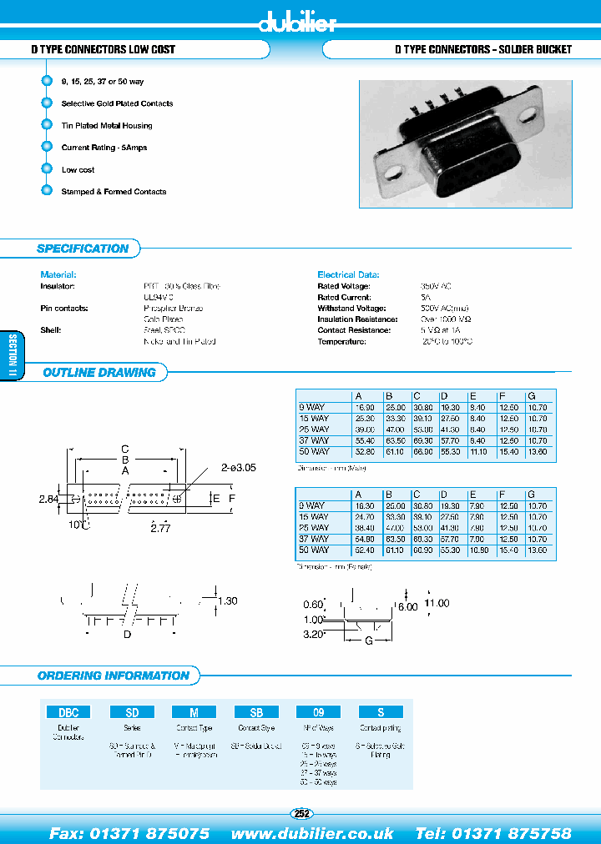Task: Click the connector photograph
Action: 466,143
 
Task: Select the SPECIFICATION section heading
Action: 83,249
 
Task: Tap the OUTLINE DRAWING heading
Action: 99,373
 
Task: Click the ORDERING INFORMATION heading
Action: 114,676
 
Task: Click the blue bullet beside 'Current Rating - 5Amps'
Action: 47,148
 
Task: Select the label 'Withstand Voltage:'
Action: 344,309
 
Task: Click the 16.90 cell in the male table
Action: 366,407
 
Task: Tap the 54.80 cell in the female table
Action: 366,540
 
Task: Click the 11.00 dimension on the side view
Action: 437,603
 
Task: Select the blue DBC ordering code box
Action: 68,712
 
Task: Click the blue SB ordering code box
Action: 256,712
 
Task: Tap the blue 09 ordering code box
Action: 318,712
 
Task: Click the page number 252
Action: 301,814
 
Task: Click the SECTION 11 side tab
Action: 13,357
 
